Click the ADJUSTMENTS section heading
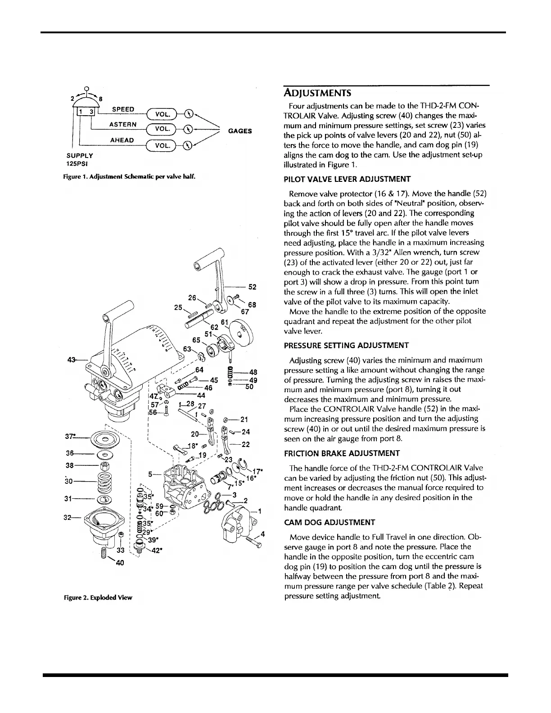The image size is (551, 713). coord(315,93)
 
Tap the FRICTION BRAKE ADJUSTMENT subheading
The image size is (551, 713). coord(342,453)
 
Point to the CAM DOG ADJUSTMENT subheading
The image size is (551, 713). coord(330,522)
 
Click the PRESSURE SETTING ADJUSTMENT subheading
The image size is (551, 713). coord(346,345)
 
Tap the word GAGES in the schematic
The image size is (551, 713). coord(240,131)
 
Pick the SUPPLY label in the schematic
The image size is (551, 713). coord(80,155)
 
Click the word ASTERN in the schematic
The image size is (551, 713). coord(122,124)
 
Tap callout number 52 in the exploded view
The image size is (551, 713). coord(252,287)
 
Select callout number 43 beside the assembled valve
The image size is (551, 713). coord(71,359)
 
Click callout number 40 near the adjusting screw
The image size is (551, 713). coord(120,563)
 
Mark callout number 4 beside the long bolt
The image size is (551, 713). coord(262,534)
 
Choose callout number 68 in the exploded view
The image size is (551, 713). coord(252,305)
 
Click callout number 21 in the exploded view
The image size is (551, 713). coord(244,420)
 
